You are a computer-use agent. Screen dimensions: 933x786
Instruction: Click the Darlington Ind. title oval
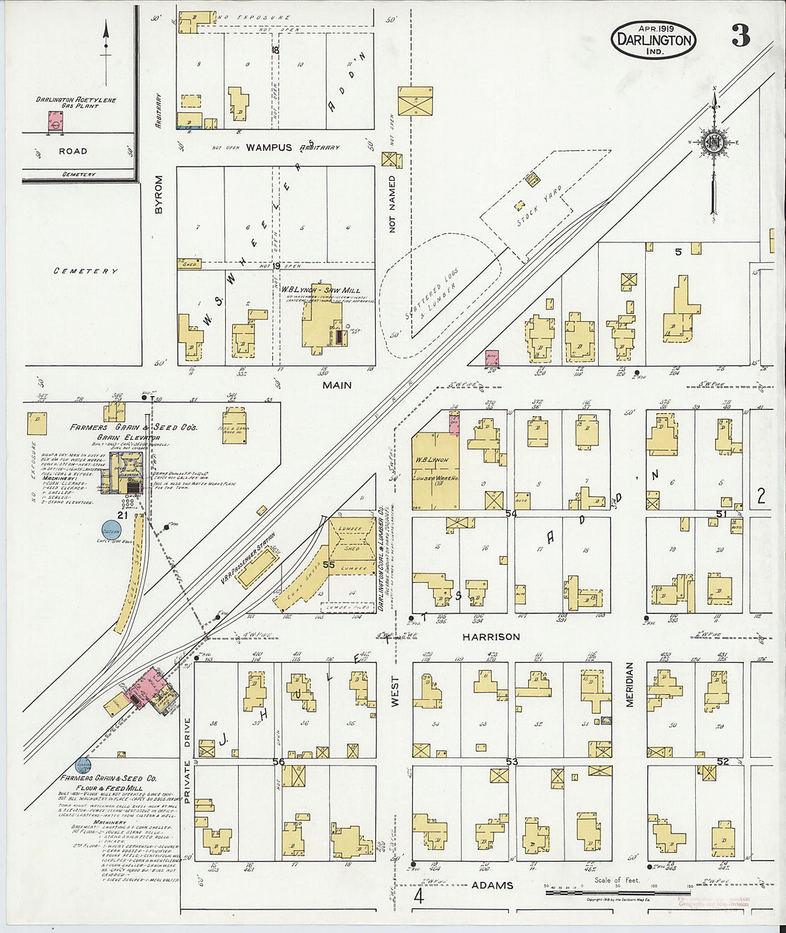[x=653, y=39]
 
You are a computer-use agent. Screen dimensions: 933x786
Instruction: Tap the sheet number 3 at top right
[x=740, y=36]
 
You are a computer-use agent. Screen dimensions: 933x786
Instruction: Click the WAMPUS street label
[x=269, y=147]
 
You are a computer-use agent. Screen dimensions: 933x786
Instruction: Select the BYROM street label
[x=159, y=194]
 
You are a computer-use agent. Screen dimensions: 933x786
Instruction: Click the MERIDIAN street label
[x=630, y=684]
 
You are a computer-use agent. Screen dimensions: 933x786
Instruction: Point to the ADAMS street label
[x=492, y=885]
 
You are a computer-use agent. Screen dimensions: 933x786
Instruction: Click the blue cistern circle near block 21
[x=111, y=530]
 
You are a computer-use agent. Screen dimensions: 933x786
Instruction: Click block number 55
[x=329, y=565]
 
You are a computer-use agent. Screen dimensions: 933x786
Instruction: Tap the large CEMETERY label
[x=86, y=271]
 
